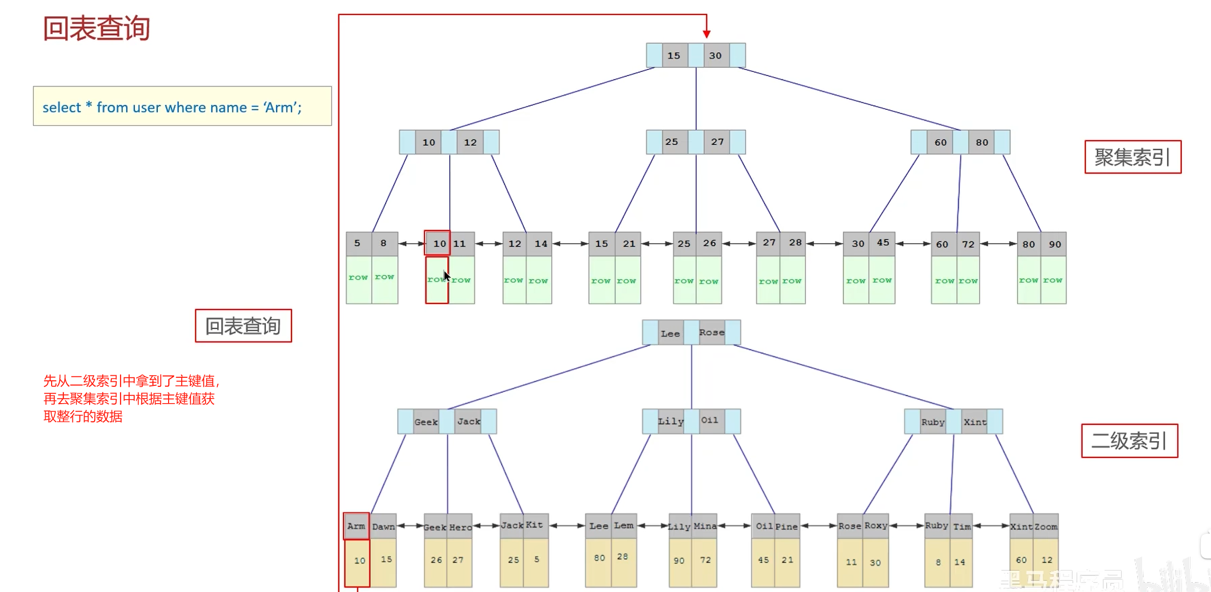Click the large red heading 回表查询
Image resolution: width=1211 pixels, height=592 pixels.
coord(96,28)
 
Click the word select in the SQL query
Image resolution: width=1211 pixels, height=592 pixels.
coord(61,107)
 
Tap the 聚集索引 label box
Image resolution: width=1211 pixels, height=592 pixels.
coord(1133,157)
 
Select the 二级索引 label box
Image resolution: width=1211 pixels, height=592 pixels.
coord(1129,441)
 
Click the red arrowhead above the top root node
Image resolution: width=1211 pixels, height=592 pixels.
coord(707,33)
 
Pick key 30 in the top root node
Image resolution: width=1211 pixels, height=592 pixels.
coord(715,56)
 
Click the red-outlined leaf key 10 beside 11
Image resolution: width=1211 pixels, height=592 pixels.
coord(438,244)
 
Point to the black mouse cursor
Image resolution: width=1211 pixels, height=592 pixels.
coord(446,276)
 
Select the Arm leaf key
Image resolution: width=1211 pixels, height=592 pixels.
coord(356,526)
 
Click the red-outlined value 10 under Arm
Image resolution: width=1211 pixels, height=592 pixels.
coord(359,561)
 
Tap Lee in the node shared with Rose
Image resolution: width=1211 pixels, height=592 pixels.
coord(670,333)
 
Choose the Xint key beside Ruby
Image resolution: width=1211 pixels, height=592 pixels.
coord(975,422)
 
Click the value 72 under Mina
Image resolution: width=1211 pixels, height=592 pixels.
coord(705,560)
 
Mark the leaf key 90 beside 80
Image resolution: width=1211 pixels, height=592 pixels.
coord(1055,244)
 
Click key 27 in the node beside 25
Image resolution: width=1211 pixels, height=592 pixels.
coord(717,142)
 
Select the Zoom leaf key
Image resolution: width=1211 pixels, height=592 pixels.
coord(1046,527)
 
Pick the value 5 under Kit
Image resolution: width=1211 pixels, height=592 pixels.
coord(537,560)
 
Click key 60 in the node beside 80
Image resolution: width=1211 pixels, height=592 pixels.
coord(940,142)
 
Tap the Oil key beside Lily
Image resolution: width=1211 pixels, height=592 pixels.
coord(709,420)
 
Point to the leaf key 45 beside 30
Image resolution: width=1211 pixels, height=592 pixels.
coord(883,243)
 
